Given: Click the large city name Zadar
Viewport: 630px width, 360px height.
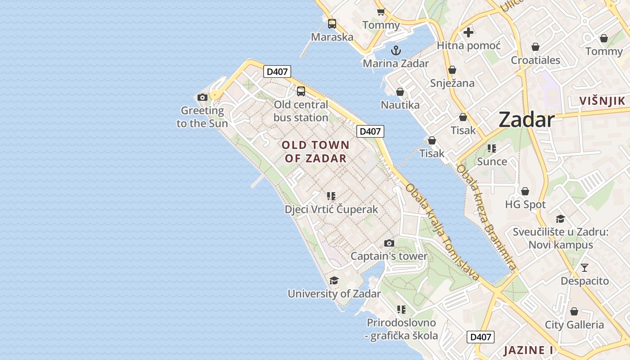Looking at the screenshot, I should pyautogui.click(x=526, y=120).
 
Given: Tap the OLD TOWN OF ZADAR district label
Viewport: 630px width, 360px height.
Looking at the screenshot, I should pyautogui.click(x=315, y=151).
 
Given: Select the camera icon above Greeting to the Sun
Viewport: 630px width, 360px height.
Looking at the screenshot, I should pyautogui.click(x=202, y=97).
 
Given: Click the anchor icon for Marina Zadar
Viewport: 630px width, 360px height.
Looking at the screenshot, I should pyautogui.click(x=396, y=50).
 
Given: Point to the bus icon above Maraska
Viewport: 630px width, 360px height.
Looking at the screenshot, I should pyautogui.click(x=332, y=24).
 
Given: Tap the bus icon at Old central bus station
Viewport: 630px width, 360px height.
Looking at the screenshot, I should pyautogui.click(x=301, y=91).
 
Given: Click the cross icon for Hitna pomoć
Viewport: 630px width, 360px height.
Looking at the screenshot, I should pyautogui.click(x=468, y=32).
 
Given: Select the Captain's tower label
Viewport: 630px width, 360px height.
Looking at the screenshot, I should pyautogui.click(x=389, y=256).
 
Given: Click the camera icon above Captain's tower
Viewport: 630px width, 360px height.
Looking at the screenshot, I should pyautogui.click(x=389, y=243).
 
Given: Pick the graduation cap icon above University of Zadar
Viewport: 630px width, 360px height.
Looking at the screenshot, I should pyautogui.click(x=334, y=280).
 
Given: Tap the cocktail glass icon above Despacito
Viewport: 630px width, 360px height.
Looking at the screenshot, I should pyautogui.click(x=584, y=268).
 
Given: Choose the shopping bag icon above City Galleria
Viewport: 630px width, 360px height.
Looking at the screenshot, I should pyautogui.click(x=574, y=311).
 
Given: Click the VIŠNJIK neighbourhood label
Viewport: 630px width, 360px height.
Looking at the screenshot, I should pyautogui.click(x=602, y=101).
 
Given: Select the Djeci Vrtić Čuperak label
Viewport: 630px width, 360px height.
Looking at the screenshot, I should pyautogui.click(x=331, y=209).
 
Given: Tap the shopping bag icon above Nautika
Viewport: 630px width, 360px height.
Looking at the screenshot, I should pyautogui.click(x=400, y=92).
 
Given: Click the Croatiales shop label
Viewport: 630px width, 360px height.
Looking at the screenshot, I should pyautogui.click(x=535, y=60).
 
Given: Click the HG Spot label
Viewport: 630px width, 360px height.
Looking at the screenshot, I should pyautogui.click(x=525, y=204).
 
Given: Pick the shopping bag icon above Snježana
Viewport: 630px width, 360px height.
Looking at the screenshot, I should pyautogui.click(x=452, y=70).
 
